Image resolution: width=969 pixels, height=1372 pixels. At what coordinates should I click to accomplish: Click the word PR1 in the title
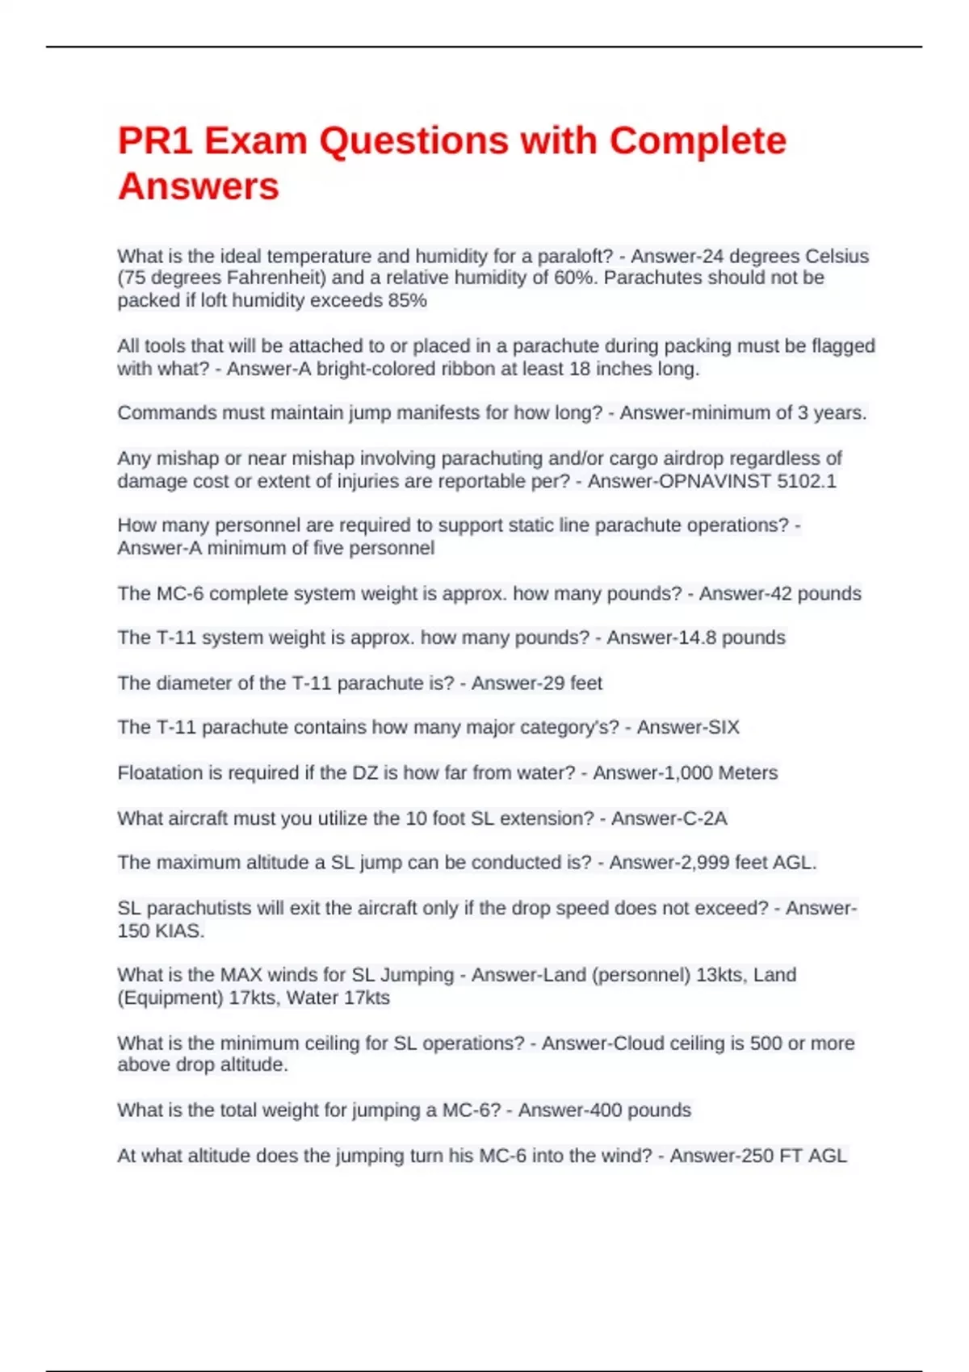pos(155,141)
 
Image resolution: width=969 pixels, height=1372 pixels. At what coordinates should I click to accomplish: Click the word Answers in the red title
pos(199,186)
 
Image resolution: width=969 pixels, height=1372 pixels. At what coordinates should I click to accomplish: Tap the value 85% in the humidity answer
pos(407,301)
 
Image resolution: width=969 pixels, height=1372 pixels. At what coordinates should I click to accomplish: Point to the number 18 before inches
pos(558,369)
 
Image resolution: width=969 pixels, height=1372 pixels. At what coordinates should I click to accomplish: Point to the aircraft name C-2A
pos(702,818)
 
